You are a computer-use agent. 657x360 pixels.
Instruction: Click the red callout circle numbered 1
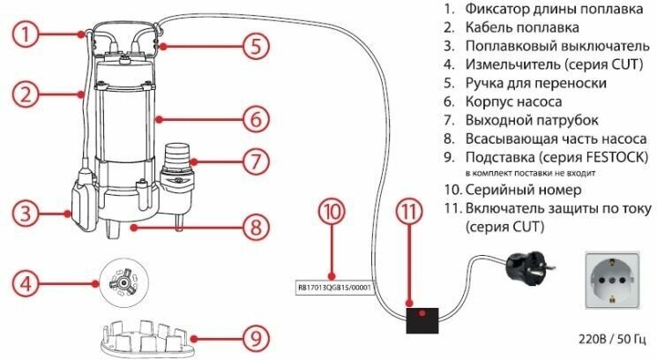point(28,35)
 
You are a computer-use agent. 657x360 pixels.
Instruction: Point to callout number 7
point(252,162)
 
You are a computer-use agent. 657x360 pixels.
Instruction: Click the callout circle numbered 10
point(332,213)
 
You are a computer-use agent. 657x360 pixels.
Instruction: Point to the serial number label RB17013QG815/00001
point(332,287)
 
